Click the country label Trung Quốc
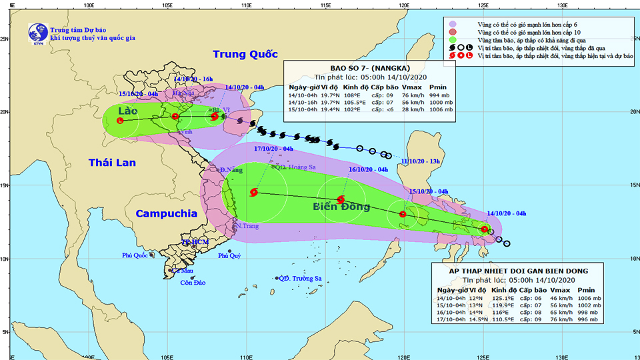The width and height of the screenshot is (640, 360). click(245, 55)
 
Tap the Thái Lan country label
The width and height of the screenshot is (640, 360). click(112, 162)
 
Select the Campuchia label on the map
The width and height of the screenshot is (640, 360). click(166, 214)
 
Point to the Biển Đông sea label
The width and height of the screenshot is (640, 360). click(341, 207)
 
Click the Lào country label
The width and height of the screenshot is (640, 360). click(127, 110)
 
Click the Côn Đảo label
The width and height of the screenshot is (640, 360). click(193, 283)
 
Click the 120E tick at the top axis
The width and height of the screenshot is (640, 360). click(403, 5)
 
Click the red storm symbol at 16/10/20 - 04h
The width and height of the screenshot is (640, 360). click(341, 199)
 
